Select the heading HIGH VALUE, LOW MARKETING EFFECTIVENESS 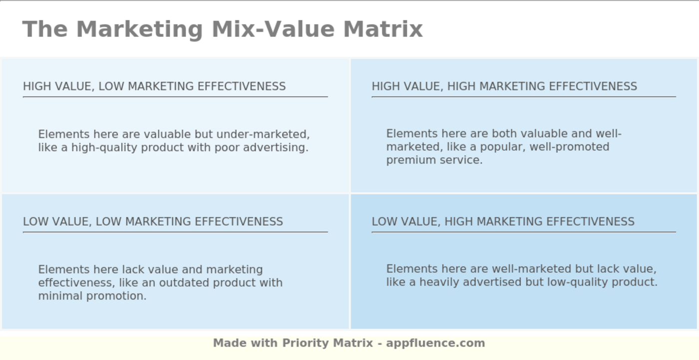pyautogui.click(x=154, y=86)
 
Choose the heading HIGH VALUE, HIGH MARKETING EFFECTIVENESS pyautogui.click(x=504, y=86)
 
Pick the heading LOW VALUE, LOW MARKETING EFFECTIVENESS pyautogui.click(x=153, y=222)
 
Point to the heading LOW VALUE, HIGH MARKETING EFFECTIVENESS pyautogui.click(x=503, y=222)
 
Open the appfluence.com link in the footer pyautogui.click(x=435, y=344)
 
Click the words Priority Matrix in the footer pyautogui.click(x=328, y=344)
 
